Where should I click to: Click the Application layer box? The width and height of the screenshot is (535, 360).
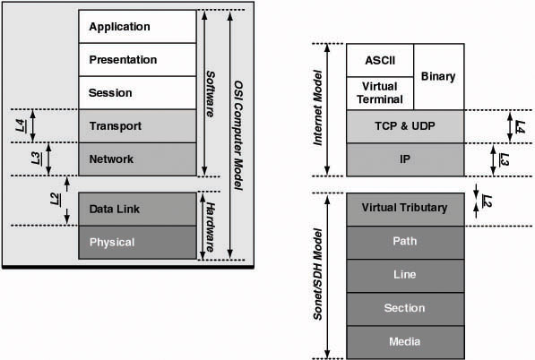click(136, 27)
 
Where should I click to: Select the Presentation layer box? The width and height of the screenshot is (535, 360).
click(136, 60)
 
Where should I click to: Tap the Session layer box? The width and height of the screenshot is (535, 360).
click(136, 93)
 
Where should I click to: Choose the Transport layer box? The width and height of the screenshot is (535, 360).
click(136, 126)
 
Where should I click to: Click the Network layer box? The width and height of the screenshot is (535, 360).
click(136, 159)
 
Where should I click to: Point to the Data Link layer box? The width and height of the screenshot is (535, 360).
click(136, 209)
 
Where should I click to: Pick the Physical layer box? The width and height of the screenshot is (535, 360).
click(136, 242)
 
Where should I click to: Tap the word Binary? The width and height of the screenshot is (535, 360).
click(438, 77)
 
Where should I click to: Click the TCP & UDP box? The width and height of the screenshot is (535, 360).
click(404, 126)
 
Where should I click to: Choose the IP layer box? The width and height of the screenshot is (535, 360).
click(404, 159)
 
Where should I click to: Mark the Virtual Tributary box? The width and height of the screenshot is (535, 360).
click(404, 208)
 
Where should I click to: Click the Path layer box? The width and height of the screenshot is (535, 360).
click(404, 241)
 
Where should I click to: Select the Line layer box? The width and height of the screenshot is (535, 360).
click(404, 274)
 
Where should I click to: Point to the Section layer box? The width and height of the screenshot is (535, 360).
click(404, 307)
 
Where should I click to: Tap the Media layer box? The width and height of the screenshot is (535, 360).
click(404, 340)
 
